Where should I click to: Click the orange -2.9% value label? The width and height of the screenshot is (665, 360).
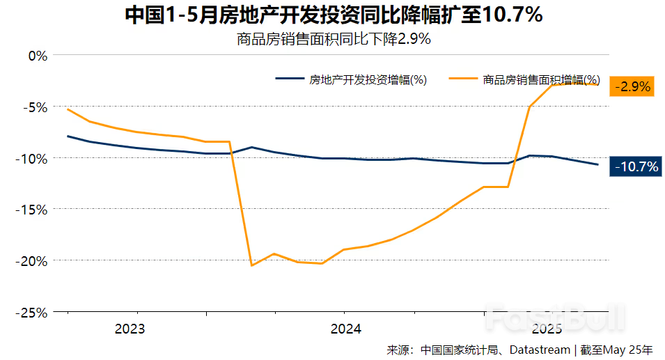[x=632, y=86]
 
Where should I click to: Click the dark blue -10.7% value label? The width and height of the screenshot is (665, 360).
[x=634, y=166]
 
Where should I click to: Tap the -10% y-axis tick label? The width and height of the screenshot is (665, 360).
[x=31, y=158]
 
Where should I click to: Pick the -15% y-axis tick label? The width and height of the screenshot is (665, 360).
[x=31, y=209]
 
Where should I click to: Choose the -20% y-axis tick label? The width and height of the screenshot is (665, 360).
[x=31, y=260]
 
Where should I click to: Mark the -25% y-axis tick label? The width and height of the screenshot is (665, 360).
[x=31, y=312]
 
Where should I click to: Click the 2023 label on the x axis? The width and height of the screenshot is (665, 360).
[x=130, y=329]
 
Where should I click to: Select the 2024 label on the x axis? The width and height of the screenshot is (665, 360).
[x=345, y=329]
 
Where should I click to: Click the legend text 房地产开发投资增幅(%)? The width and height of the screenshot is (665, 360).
[x=368, y=79]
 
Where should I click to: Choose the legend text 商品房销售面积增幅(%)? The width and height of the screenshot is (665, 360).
[x=541, y=79]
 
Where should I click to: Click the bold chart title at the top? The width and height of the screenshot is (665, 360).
[x=334, y=15]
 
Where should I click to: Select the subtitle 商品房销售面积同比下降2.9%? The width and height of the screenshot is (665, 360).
[x=334, y=39]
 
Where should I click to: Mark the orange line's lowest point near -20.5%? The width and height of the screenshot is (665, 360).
[x=251, y=265]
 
